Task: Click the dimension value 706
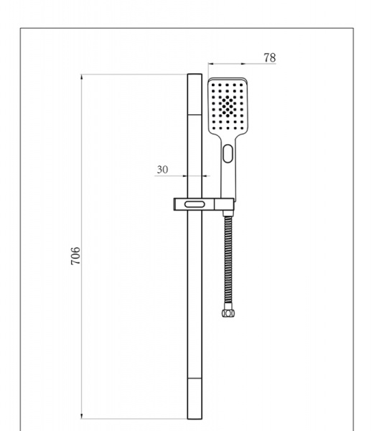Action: (x=76, y=256)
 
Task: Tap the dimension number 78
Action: (x=270, y=57)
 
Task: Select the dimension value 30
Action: (x=162, y=170)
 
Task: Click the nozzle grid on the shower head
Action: (x=228, y=106)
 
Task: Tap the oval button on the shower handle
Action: (x=228, y=153)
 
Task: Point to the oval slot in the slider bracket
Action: (x=193, y=205)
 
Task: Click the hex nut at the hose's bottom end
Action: (x=228, y=313)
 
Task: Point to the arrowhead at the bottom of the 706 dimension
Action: (x=83, y=412)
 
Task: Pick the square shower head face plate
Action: (x=228, y=106)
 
